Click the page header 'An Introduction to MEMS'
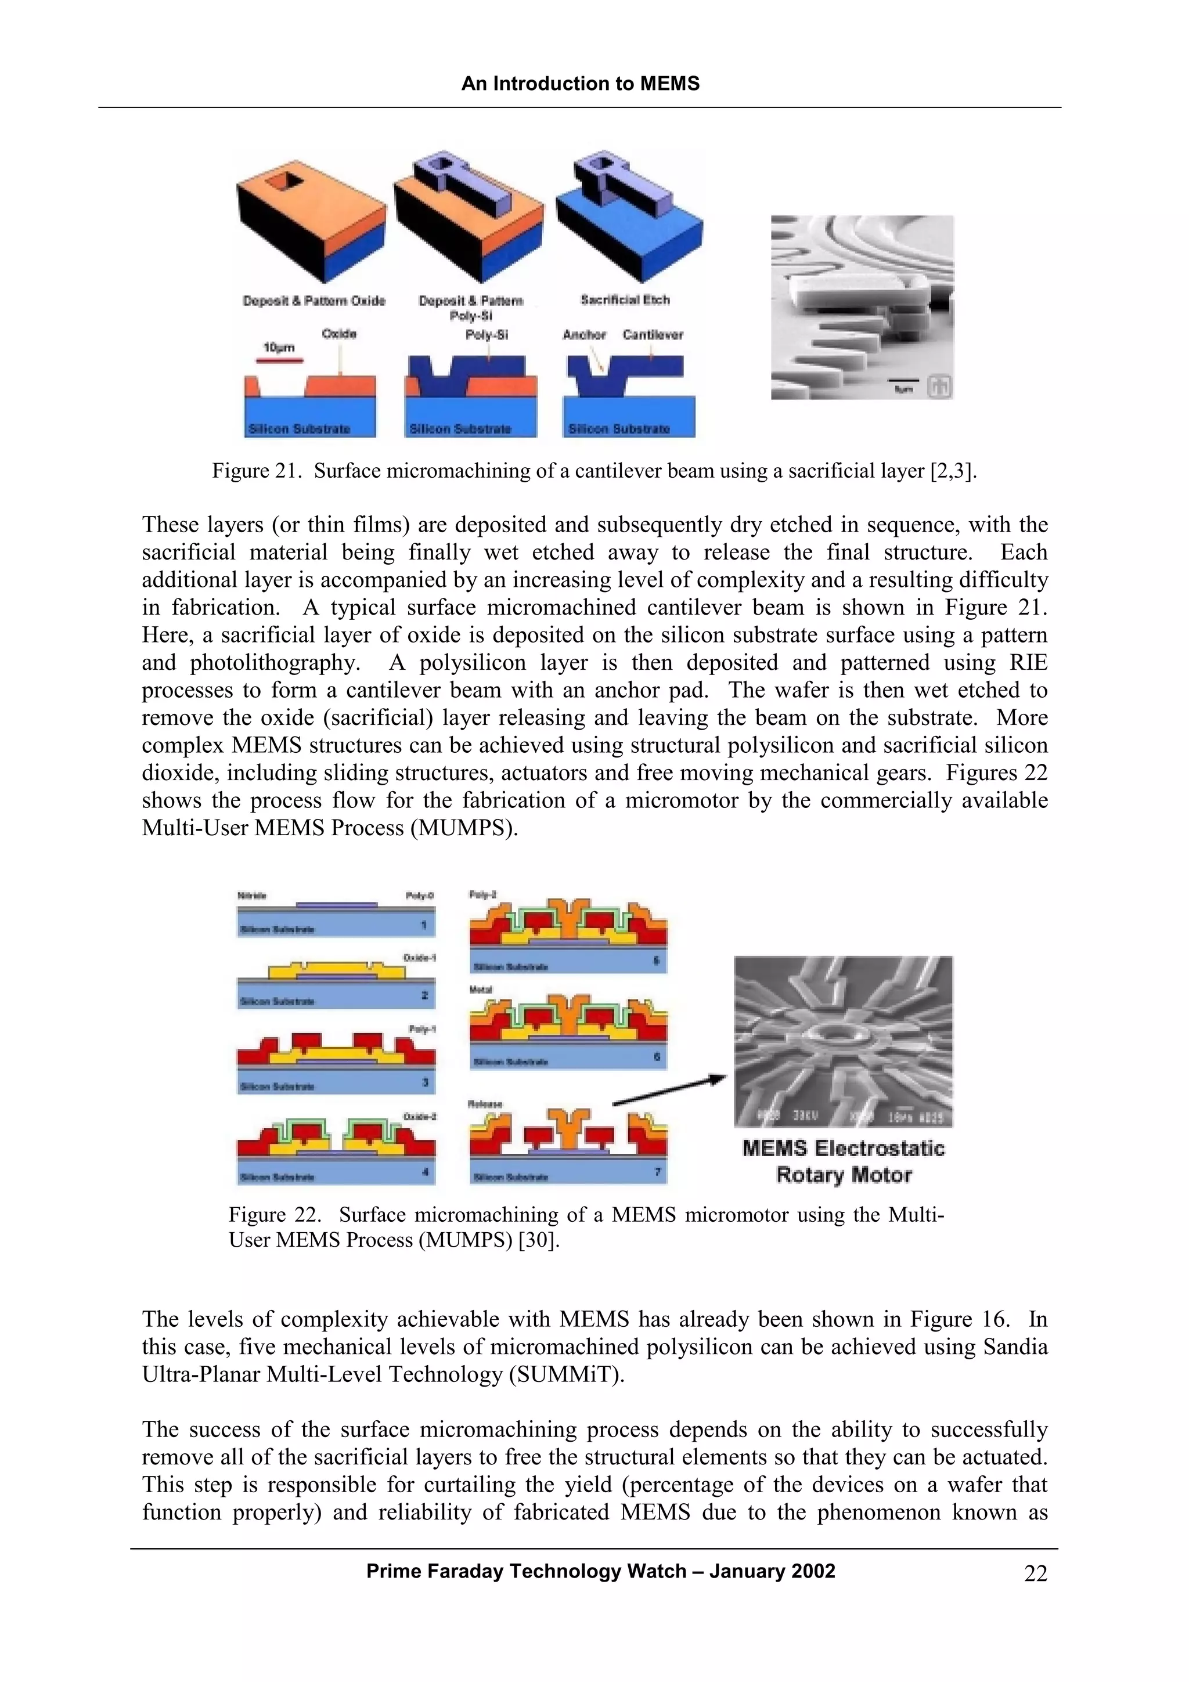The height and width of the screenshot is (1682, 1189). (580, 84)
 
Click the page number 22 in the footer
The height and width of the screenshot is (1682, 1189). (1035, 1573)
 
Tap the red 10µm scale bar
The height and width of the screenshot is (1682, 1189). (279, 360)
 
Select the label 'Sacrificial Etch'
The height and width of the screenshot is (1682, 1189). (625, 299)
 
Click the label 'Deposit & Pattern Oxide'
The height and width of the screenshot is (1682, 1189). (314, 301)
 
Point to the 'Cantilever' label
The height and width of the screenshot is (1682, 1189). (653, 335)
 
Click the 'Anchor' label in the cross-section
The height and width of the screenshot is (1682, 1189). (584, 335)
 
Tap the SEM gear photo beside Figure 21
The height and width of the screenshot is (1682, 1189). (862, 307)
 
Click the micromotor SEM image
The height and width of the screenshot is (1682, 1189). (843, 1041)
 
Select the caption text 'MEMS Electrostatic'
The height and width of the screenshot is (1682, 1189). (843, 1148)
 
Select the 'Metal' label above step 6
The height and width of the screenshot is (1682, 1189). (481, 990)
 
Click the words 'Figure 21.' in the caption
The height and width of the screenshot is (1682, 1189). (257, 471)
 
